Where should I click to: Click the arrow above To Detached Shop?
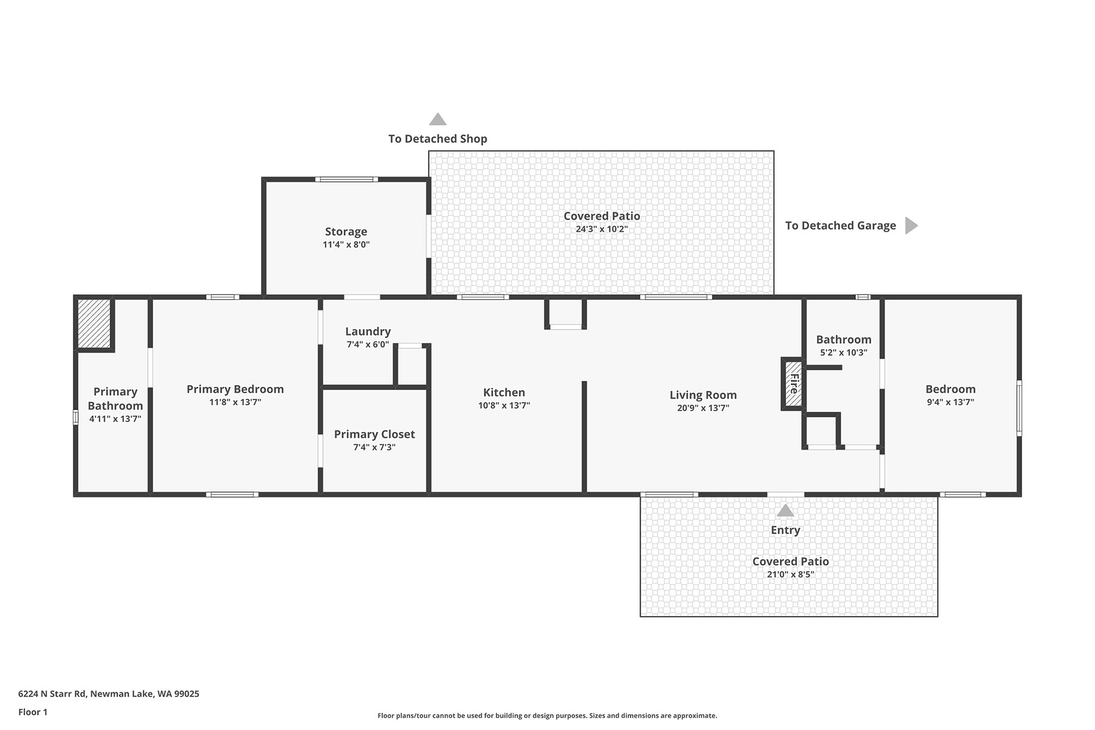point(438,119)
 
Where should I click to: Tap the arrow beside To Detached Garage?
point(911,226)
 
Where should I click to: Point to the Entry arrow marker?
point(785,510)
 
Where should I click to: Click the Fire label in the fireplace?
point(793,383)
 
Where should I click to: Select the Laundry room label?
point(368,332)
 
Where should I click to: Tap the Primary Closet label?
point(374,434)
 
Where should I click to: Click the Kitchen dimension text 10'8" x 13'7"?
point(504,406)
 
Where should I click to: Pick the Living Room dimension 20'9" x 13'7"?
point(703,408)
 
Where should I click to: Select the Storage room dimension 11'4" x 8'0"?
point(346,245)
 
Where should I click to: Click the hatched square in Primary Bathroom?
point(94,324)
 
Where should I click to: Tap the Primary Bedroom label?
point(235,389)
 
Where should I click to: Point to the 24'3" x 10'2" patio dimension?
point(602,229)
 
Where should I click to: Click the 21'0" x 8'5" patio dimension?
point(790,574)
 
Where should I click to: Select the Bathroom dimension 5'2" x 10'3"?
point(843,353)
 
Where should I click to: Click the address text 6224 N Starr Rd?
point(52,693)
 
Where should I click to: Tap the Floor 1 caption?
point(33,712)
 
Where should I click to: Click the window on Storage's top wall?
point(346,179)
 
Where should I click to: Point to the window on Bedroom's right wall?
point(1019,408)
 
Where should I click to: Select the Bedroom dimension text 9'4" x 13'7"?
point(950,402)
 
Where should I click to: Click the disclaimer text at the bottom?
point(547,716)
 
